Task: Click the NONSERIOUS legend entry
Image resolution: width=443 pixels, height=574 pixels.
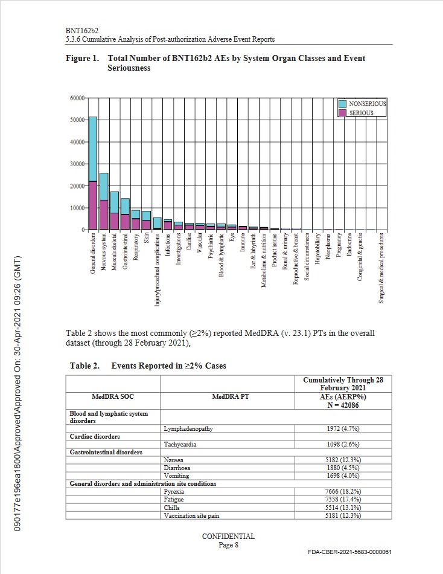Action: (x=367, y=104)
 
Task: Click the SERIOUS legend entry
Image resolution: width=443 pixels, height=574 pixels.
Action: (x=361, y=113)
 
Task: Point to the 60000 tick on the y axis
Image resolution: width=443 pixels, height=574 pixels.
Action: (x=75, y=98)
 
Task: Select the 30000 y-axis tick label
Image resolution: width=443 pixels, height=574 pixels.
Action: (x=75, y=164)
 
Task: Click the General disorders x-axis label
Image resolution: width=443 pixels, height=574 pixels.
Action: (x=93, y=253)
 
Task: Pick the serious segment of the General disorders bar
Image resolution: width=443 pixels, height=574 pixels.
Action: (x=93, y=205)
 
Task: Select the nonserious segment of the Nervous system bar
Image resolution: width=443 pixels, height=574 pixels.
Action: (x=104, y=187)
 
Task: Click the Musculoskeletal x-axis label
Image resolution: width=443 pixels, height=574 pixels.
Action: (x=115, y=251)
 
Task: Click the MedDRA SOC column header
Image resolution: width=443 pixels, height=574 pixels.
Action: (x=113, y=397)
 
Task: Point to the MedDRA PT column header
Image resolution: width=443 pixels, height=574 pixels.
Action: (x=227, y=397)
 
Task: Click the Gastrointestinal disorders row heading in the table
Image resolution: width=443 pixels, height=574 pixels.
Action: (x=106, y=452)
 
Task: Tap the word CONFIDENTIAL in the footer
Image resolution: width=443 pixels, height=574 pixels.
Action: (x=228, y=536)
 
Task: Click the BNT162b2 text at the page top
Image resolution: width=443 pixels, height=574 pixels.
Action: (x=81, y=30)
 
